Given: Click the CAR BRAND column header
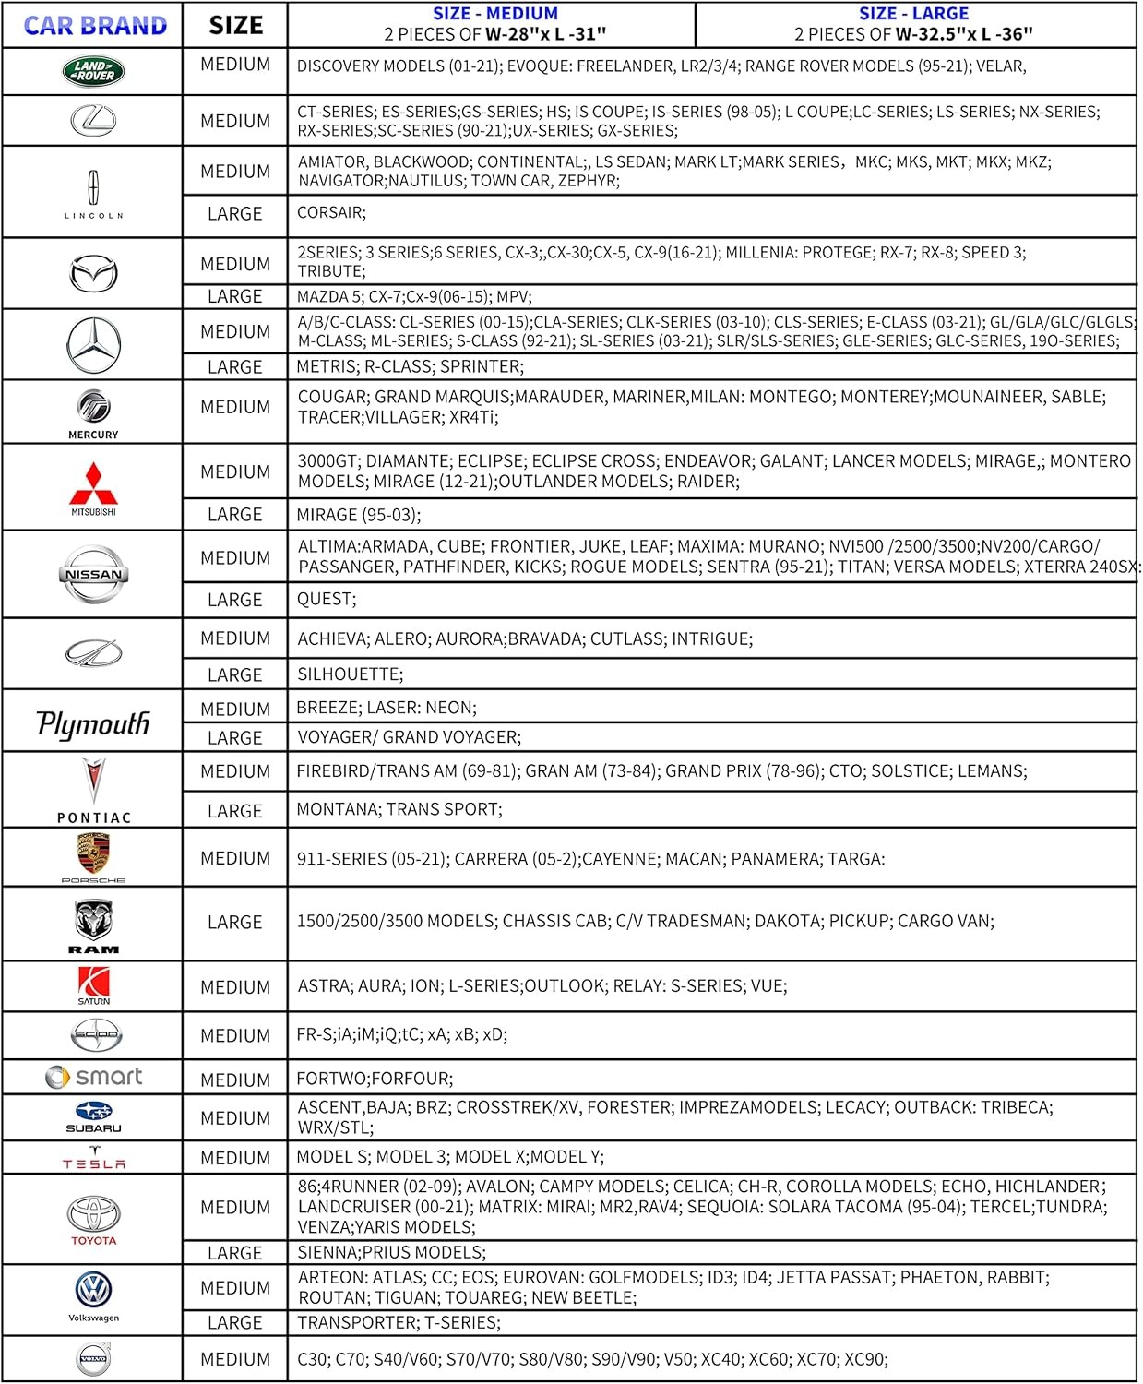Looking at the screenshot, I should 95,26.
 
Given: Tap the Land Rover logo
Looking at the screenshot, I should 93,71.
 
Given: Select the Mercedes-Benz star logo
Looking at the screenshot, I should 93,345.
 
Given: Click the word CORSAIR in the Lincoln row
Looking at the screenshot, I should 329,213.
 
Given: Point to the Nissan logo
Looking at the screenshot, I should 93,574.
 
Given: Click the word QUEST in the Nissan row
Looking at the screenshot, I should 324,599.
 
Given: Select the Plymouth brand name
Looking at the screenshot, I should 93,722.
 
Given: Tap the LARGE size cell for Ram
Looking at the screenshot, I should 235,923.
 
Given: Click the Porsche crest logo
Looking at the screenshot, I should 93,853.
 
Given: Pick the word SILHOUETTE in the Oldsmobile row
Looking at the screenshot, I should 348,674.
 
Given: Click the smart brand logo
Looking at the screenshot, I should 94,1077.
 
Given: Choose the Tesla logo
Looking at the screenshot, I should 94,1158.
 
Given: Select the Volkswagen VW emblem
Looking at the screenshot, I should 93,1289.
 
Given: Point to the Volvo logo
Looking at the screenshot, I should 93,1359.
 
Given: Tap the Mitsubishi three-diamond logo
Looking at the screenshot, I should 93,483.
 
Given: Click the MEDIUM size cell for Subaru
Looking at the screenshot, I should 235,1118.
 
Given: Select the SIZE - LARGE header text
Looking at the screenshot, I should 913,14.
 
